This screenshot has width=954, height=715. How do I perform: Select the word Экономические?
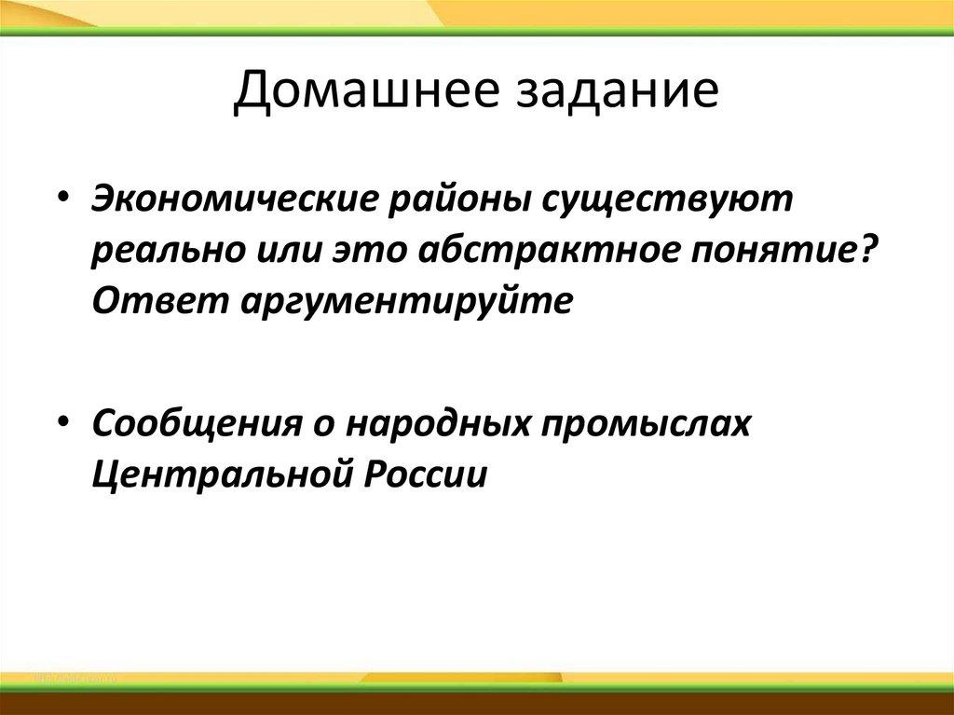pos(235,199)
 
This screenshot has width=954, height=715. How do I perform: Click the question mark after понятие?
pos(864,249)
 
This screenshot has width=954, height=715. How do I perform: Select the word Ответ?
pos(161,301)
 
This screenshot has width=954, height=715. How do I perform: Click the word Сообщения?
pos(196,424)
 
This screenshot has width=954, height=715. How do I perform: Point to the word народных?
pos(437,424)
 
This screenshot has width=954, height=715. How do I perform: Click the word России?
pos(426,474)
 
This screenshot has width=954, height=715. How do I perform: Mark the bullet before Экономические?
pos(64,200)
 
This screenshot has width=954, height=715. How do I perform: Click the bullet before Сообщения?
pos(64,423)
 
